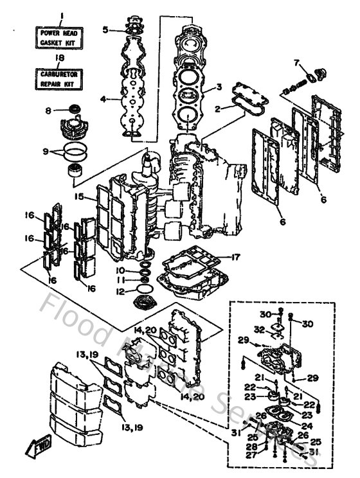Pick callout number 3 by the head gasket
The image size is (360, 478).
tap(219, 87)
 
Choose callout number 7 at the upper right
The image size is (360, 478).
tap(296, 62)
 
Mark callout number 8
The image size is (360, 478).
tap(48, 111)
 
